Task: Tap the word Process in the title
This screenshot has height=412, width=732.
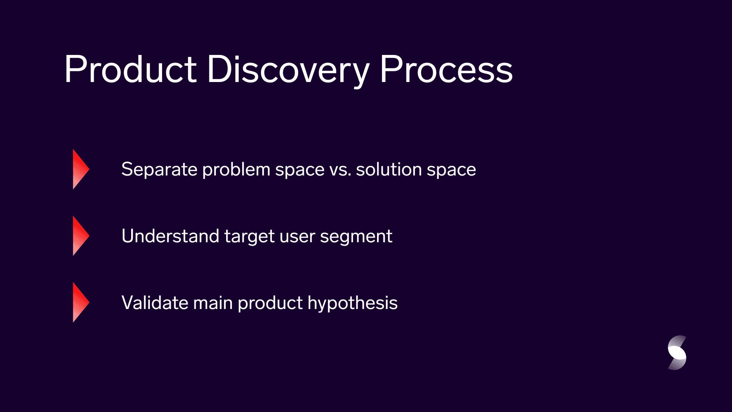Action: [x=446, y=69]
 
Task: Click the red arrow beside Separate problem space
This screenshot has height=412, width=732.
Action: [x=81, y=169]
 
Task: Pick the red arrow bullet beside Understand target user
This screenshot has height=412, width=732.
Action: [x=81, y=236]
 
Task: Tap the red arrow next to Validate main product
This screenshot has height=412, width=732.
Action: [x=81, y=303]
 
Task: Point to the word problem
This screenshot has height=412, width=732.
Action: [x=236, y=169]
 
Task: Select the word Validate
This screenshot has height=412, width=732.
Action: [x=155, y=303]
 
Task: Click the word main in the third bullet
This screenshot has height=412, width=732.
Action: [x=213, y=303]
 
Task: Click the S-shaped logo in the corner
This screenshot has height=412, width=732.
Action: [x=677, y=353]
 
